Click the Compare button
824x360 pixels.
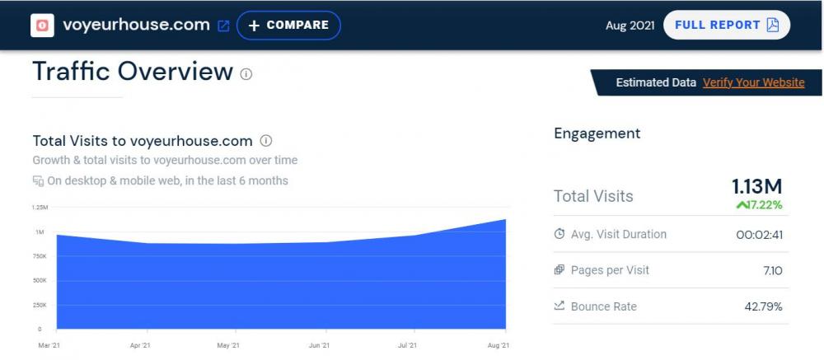[x=288, y=26]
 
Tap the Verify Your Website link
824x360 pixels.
[x=753, y=82]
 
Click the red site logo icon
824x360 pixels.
[x=42, y=26]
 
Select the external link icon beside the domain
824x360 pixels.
[x=223, y=26]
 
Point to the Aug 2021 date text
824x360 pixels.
[x=630, y=26]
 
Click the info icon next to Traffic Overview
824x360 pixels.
[x=246, y=74]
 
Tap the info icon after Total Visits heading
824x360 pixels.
[x=266, y=141]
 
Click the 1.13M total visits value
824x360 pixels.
[x=757, y=186]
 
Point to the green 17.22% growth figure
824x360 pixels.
[x=760, y=204]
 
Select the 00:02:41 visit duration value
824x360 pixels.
[x=759, y=235]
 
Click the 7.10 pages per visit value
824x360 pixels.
[x=772, y=270]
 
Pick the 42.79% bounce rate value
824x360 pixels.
[x=763, y=306]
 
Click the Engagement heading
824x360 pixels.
[x=597, y=133]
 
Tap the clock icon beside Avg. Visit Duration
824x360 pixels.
[x=560, y=235]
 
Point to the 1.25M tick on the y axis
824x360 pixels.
[x=40, y=208]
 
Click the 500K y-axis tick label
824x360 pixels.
[x=40, y=281]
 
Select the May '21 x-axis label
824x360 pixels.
[x=228, y=345]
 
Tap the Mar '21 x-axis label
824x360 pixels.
[x=49, y=345]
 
